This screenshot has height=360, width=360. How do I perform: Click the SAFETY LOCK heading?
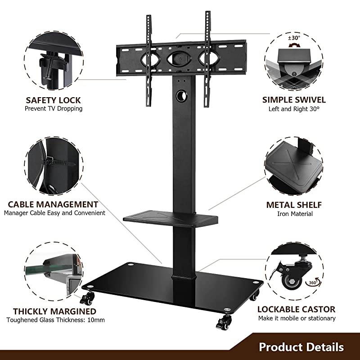54,100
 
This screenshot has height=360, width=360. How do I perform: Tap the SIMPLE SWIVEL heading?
294,100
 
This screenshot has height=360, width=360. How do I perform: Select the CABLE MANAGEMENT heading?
53,204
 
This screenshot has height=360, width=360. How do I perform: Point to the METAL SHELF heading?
294,205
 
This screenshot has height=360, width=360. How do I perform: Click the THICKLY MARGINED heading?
54,311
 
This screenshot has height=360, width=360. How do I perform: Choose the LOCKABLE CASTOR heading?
296,309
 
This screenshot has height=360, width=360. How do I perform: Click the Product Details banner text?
301,347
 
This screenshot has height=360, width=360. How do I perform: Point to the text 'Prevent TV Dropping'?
54,109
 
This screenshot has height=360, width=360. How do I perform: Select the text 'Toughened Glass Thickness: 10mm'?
55,320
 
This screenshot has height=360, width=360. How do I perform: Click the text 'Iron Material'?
295,214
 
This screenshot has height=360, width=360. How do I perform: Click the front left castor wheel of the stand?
89,298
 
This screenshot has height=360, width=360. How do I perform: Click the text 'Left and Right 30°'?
294,109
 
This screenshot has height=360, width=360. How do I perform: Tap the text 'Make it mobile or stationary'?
297,318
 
